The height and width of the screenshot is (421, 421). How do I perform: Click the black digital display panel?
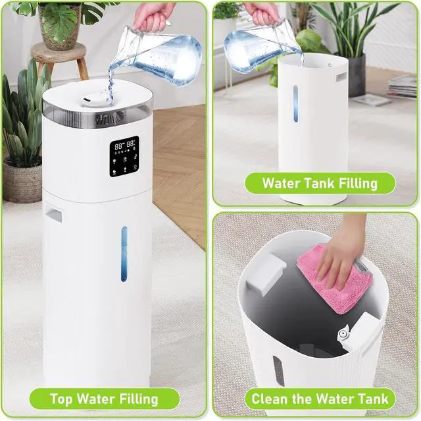point(124,156)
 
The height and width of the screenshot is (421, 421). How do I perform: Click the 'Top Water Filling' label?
point(105,399)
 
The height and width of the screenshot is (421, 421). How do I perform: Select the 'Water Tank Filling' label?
point(320,182)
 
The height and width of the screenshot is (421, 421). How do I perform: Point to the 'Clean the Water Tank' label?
point(320,399)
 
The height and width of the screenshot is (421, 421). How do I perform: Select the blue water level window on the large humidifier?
point(124,254)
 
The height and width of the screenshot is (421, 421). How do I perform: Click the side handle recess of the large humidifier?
point(53,212)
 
